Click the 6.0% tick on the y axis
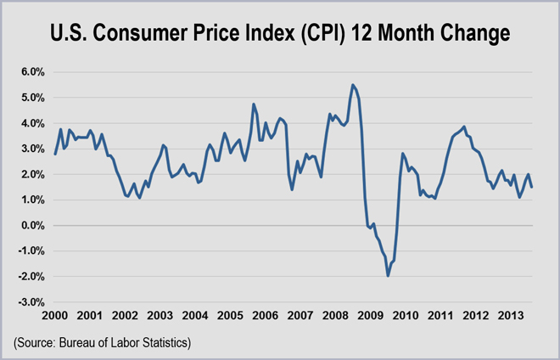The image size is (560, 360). (30, 72)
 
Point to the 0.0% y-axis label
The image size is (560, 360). (30, 226)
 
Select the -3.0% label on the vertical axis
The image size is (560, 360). (29, 302)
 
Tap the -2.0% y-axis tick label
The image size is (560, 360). (29, 277)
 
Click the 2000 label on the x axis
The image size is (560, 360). (55, 316)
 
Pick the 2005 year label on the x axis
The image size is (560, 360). (230, 316)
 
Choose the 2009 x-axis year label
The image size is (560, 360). (369, 316)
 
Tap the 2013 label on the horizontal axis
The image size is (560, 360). (509, 316)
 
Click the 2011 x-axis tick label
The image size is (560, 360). (440, 316)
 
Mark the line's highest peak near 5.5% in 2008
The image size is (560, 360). (353, 85)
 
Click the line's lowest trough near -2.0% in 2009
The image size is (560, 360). (388, 276)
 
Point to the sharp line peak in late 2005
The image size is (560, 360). (254, 104)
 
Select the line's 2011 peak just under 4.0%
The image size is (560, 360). (463, 127)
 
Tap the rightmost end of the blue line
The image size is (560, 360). (532, 188)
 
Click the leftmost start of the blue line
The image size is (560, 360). (55, 154)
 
